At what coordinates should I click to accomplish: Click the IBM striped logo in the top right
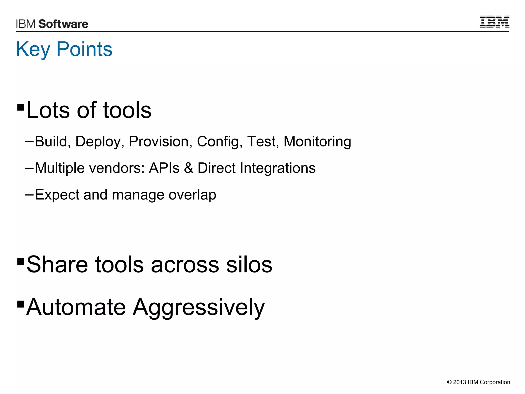(x=494, y=22)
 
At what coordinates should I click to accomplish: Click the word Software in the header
(x=63, y=24)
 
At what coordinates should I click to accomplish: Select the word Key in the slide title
(x=33, y=49)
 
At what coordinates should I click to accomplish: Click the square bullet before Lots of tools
(x=21, y=107)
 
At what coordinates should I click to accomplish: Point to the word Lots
(x=48, y=110)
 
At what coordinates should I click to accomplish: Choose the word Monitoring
(x=317, y=141)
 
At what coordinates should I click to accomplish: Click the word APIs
(x=164, y=168)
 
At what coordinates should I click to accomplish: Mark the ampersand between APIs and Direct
(x=188, y=168)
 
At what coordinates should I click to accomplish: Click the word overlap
(x=192, y=195)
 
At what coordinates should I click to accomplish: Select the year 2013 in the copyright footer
(x=459, y=382)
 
